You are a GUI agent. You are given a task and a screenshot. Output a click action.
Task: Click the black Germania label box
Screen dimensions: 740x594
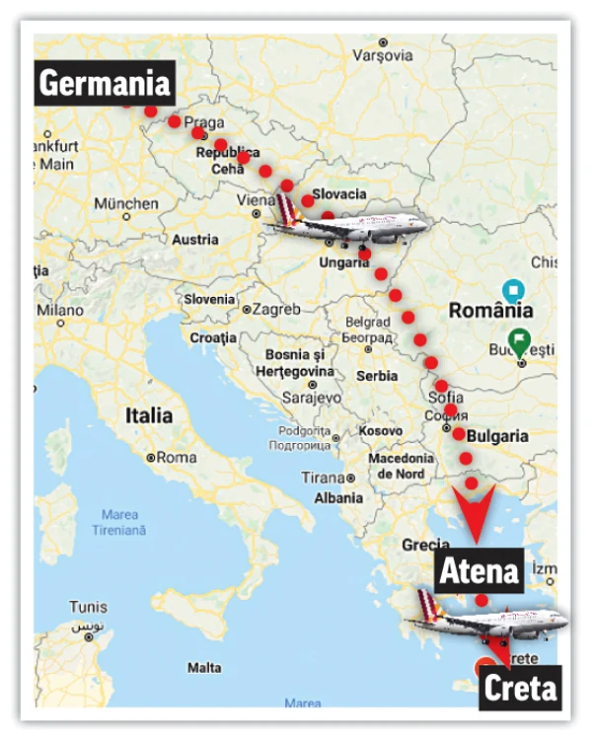click(104, 85)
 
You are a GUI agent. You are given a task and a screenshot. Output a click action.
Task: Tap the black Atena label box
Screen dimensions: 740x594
click(479, 570)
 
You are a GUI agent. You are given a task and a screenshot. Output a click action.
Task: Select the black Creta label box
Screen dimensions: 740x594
click(519, 688)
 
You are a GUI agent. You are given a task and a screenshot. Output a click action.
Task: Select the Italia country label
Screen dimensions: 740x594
click(149, 415)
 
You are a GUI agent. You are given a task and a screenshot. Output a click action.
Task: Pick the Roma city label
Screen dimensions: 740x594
click(176, 458)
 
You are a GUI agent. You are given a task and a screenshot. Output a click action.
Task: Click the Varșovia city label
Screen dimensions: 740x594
click(381, 56)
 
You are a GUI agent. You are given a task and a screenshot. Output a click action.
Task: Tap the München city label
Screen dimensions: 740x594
click(125, 204)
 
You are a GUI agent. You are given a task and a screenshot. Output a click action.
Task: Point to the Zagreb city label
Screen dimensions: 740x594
click(275, 310)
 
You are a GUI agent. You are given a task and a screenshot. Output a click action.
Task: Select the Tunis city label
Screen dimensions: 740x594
click(89, 607)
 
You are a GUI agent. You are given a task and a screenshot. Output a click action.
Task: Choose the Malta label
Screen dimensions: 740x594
click(204, 668)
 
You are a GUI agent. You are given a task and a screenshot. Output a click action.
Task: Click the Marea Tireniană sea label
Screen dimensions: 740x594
click(119, 523)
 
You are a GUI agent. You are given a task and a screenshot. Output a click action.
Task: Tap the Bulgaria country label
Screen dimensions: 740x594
click(498, 436)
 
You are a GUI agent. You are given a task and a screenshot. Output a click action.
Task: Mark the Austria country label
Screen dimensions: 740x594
click(195, 239)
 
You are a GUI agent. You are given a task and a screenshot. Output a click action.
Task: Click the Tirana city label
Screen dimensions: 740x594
click(324, 479)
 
